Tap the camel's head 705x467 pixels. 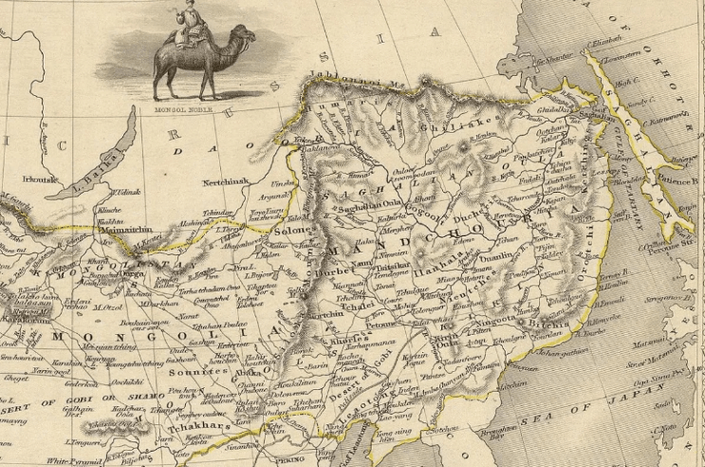pyautogui.click(x=245, y=37)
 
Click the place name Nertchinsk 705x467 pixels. pyautogui.click(x=227, y=179)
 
